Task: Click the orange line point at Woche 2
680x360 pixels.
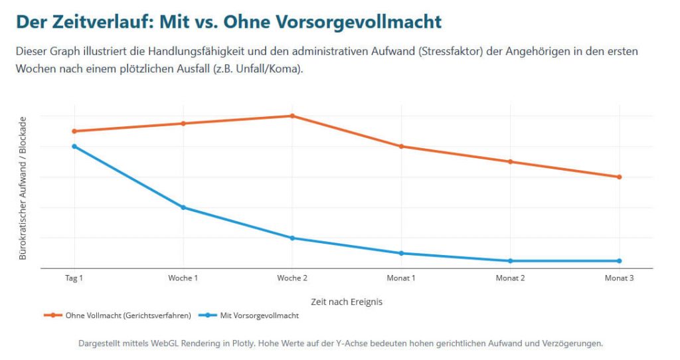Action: coord(292,116)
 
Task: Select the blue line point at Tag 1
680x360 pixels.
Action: coord(74,146)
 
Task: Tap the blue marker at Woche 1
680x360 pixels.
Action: coord(183,207)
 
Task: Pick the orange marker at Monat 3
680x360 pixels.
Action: coord(619,177)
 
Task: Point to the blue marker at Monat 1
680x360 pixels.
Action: coord(401,253)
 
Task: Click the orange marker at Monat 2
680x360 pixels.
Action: coord(510,161)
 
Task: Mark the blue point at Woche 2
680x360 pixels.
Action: coord(292,238)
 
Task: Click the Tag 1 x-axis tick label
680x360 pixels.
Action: coord(74,278)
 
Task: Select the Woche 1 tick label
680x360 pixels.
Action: coord(183,278)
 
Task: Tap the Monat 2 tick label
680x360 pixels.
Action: coord(510,278)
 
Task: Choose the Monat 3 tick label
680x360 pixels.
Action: coord(619,278)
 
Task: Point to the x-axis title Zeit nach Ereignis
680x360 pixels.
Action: coord(347,302)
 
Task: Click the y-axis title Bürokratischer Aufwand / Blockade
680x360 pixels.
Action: coord(23,188)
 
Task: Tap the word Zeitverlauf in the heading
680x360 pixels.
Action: coord(99,22)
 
